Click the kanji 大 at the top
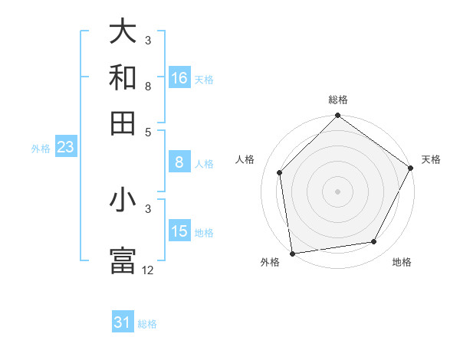123,32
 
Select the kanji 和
123,77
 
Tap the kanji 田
123,123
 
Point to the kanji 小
123,200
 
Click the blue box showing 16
179,78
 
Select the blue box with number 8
179,162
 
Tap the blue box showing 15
179,231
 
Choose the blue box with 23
65,148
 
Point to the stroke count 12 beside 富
148,270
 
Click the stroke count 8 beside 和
148,87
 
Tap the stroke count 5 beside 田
148,132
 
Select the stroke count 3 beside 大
148,40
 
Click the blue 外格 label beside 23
40,149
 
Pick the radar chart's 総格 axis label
338,100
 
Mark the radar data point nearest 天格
410,168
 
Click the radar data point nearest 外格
292,253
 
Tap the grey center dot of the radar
337,191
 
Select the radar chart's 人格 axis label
245,159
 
